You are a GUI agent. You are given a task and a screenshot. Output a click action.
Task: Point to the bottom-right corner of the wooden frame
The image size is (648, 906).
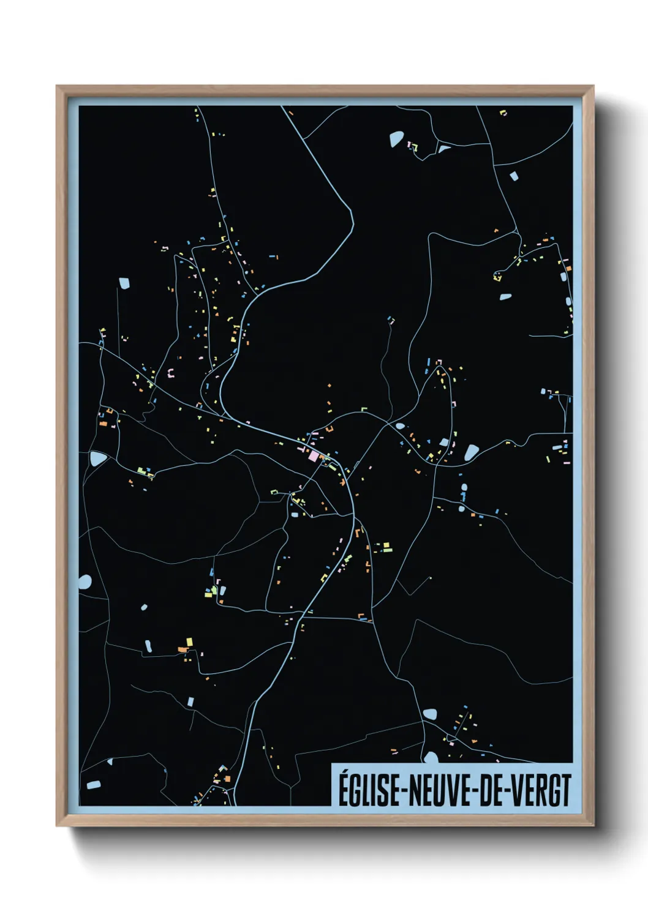tap(593, 825)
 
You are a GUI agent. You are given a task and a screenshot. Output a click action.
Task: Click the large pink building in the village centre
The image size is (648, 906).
tap(314, 455)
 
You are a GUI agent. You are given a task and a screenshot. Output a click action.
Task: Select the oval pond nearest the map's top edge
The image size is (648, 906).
tap(396, 140)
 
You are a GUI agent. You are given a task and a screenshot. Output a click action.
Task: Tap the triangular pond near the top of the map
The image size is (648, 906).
tap(443, 149)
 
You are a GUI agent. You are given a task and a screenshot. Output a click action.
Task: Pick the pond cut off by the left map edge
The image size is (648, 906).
tap(85, 582)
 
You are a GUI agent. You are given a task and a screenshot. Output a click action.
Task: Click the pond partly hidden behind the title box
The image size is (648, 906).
tap(431, 757)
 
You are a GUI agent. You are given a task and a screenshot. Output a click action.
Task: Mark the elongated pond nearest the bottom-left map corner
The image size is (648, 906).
tap(93, 784)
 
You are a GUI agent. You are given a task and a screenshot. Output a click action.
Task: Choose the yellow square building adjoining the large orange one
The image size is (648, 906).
tap(189, 642)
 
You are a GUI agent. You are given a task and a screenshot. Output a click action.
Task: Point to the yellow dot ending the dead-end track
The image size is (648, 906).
tap(431, 578)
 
